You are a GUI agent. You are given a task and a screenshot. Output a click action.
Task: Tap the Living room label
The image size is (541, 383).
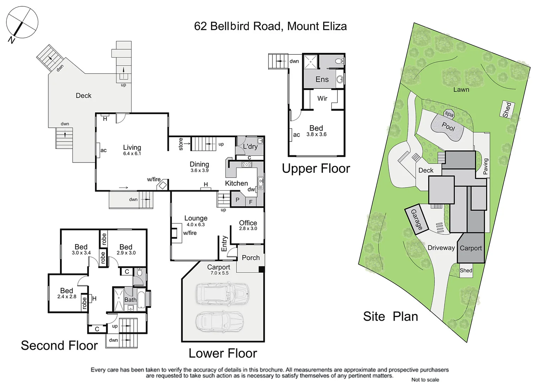pos(132,148)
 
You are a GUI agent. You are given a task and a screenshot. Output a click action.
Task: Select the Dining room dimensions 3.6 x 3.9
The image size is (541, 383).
pos(199,170)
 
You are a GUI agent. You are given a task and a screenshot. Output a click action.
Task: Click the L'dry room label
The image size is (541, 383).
pos(250,146)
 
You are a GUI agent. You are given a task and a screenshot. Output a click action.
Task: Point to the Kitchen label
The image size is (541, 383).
pos(236,183)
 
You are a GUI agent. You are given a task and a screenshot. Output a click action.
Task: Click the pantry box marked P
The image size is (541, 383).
pos(237,200)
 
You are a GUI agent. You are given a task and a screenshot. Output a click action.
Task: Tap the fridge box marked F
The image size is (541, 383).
pos(251,202)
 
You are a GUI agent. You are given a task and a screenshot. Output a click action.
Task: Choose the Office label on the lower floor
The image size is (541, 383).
pos(248,223)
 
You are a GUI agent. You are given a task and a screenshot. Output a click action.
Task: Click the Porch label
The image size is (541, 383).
pos(251,258)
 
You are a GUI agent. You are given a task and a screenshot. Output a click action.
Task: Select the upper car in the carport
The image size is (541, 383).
pos(222,293)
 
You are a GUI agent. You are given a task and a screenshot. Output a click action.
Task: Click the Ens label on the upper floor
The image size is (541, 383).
pos(322,79)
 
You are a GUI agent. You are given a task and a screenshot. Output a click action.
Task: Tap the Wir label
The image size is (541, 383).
pos(322,98)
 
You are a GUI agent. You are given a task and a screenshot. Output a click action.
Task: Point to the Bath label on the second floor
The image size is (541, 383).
pos(130,300)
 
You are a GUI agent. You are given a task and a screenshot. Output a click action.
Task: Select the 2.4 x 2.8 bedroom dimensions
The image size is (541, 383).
pos(67,296)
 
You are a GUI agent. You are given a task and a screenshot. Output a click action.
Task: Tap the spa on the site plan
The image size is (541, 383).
pos(449,114)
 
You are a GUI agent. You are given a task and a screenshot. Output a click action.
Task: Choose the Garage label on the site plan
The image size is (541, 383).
pos(416,219)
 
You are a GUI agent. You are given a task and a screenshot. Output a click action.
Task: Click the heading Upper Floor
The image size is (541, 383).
pos(316,168)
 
